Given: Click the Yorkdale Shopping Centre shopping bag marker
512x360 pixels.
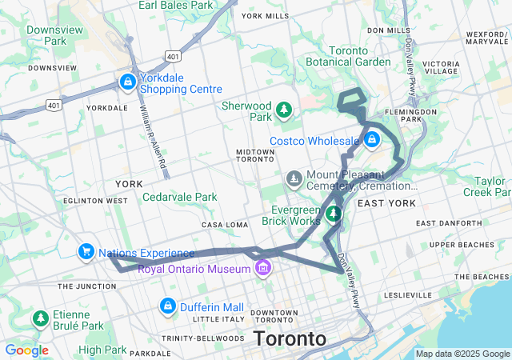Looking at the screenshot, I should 128,82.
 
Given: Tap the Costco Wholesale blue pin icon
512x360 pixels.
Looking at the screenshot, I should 371,141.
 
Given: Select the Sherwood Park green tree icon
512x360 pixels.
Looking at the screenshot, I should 283,109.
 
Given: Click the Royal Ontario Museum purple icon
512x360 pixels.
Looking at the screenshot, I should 262,269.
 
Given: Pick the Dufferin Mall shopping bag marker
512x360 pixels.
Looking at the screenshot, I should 168,306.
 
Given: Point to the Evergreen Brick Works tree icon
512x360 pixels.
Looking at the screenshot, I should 334,214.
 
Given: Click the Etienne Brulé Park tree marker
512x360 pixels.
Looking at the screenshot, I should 39,319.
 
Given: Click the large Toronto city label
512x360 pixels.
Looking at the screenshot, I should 290,338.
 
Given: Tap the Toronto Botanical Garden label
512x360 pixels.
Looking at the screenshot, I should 348,56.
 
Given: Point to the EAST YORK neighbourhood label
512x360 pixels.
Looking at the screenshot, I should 386,203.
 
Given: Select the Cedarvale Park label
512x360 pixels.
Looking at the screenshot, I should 179,197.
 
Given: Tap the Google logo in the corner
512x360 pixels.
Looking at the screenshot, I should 26,350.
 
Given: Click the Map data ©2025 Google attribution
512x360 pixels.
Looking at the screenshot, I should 462,354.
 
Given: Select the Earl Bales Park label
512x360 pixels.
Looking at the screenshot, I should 175,6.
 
